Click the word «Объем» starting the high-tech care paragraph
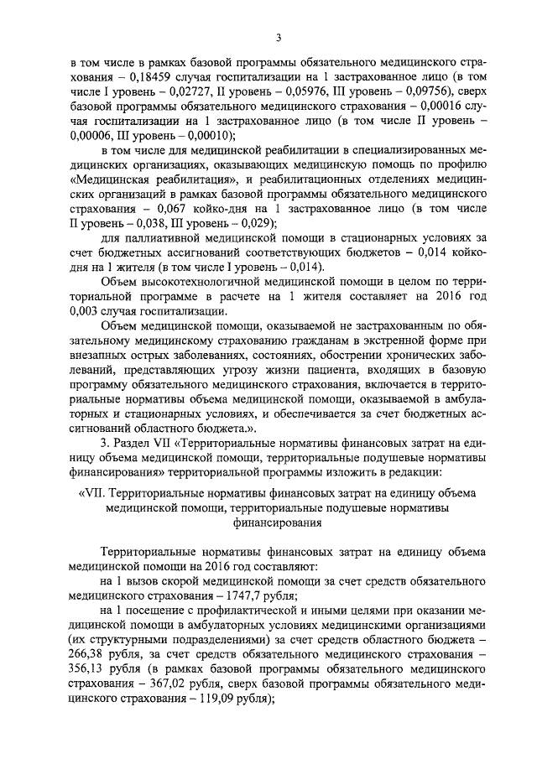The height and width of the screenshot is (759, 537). (121, 281)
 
